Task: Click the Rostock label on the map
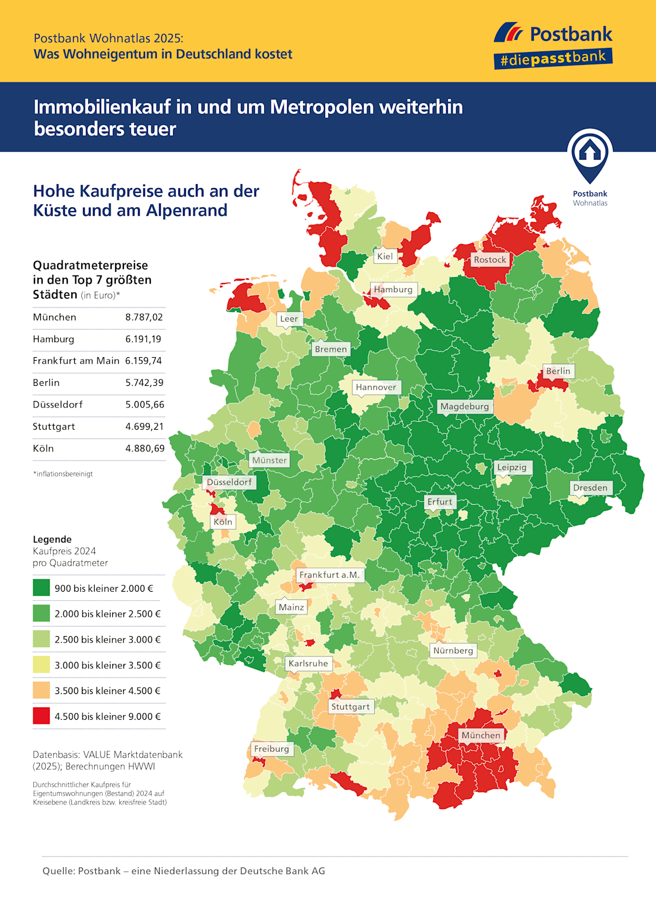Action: click(x=490, y=260)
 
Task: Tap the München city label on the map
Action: click(x=481, y=735)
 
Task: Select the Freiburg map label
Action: click(x=271, y=749)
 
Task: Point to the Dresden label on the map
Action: click(x=590, y=488)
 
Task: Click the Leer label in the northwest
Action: click(x=289, y=319)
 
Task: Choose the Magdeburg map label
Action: click(x=464, y=406)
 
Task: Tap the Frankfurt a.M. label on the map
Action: click(x=329, y=575)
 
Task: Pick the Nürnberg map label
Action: click(x=453, y=650)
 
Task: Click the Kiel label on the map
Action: click(x=385, y=256)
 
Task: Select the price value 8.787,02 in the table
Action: click(x=144, y=317)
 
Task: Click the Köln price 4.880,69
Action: click(x=144, y=449)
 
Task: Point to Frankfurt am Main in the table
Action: click(x=76, y=361)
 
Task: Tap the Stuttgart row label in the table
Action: click(x=54, y=427)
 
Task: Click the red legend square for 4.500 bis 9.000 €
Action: click(x=42, y=716)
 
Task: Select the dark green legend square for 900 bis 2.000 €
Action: click(x=42, y=588)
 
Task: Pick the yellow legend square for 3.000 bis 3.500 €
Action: click(x=42, y=665)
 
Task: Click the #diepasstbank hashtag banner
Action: click(x=553, y=58)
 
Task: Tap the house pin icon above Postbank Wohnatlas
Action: click(x=590, y=154)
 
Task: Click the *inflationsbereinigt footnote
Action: click(x=63, y=474)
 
